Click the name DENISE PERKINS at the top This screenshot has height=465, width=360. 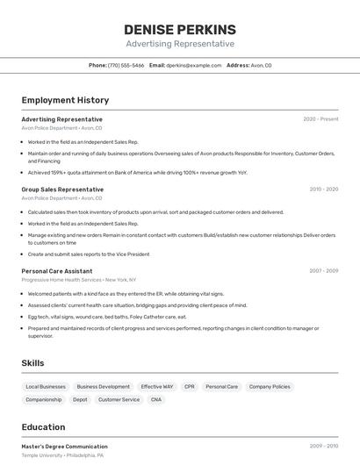coord(180,29)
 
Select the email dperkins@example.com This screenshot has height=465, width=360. coord(193,65)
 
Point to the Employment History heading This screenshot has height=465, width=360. coord(65,100)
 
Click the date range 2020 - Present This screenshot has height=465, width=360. coord(320,119)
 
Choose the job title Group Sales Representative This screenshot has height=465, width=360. coord(62,190)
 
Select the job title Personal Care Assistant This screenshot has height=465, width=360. coord(57,271)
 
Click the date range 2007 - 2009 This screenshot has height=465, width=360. coord(323,271)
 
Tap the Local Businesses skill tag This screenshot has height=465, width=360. coord(46,386)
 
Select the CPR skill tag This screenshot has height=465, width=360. coord(189,386)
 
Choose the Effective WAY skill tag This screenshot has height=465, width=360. coord(156,386)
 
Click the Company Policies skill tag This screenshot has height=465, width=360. coord(269,386)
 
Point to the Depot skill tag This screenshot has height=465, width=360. coord(80,399)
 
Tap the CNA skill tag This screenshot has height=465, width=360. coord(156,399)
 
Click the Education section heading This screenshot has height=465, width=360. coord(43,427)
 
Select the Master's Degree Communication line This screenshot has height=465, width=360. coord(64,447)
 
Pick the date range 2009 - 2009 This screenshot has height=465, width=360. coord(323,447)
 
